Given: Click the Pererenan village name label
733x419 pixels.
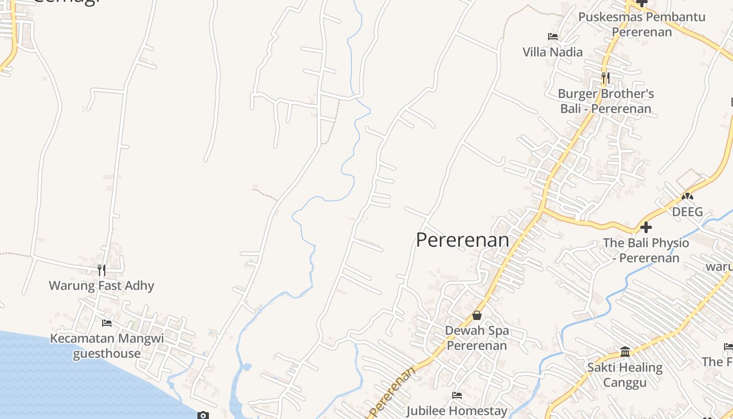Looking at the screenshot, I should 462,240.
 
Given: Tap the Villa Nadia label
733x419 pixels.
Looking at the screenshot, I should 552,52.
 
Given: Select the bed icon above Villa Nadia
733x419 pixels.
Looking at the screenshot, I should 552,37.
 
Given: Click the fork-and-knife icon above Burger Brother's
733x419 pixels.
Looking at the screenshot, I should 605,79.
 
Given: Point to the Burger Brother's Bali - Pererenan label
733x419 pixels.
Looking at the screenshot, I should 606,101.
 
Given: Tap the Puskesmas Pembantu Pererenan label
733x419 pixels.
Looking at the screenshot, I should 641,24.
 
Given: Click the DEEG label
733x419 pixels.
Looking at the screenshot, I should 687,212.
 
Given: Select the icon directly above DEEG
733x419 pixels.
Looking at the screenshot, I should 687,196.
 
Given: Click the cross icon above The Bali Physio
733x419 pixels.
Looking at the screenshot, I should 646,227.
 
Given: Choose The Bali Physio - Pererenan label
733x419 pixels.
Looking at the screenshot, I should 646,250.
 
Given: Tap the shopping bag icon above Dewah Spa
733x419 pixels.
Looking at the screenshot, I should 476,315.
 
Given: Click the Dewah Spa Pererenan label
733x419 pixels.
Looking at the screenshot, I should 476,338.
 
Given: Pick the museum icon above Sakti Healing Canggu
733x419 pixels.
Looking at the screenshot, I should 625,351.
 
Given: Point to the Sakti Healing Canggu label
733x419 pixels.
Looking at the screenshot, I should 625,375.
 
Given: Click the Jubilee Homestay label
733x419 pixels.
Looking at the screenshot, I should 457,411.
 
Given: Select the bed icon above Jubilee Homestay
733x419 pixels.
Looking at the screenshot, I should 457,395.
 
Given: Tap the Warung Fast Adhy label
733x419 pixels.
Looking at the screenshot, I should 102,285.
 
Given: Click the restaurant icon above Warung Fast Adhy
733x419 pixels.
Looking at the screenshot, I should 102,270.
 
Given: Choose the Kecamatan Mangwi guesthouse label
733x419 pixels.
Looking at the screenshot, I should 107,346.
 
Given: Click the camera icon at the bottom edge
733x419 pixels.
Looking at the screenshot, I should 203,415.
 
